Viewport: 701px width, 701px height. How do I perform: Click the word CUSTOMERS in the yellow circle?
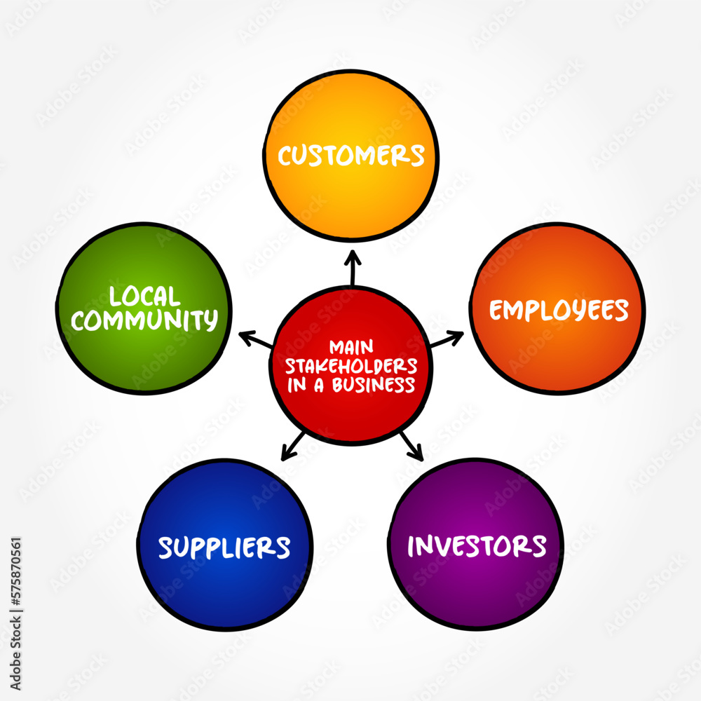click(351, 156)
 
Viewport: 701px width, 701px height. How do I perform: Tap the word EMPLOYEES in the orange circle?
click(559, 310)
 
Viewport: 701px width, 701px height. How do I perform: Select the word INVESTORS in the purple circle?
click(477, 546)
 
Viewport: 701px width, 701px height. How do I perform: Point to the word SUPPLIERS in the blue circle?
click(224, 547)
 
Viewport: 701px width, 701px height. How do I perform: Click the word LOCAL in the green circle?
click(144, 296)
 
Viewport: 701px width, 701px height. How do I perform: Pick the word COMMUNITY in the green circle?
click(144, 320)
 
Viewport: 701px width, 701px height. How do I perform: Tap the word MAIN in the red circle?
click(351, 348)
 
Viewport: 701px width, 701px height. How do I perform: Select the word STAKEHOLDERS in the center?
click(351, 366)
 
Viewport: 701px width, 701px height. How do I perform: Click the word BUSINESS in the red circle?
click(374, 385)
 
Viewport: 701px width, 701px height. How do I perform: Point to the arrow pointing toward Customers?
click(353, 267)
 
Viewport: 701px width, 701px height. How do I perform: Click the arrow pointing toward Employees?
click(447, 339)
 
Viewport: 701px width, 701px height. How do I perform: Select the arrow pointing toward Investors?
click(411, 446)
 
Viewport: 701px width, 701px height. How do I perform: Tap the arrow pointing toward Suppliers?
click(293, 446)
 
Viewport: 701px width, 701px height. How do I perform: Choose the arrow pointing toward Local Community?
click(255, 339)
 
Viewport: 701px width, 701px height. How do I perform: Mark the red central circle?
click(351, 366)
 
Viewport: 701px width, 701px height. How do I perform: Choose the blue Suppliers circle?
click(225, 545)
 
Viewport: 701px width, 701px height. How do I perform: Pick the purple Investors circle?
click(476, 544)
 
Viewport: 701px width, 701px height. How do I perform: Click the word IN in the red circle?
click(297, 385)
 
